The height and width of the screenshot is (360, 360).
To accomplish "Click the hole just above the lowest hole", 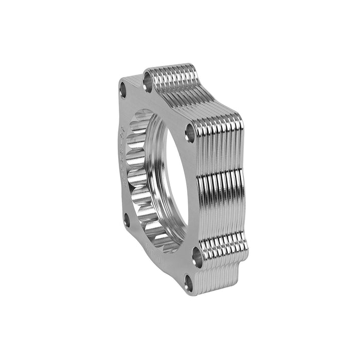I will pyautogui.click(x=196, y=253).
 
